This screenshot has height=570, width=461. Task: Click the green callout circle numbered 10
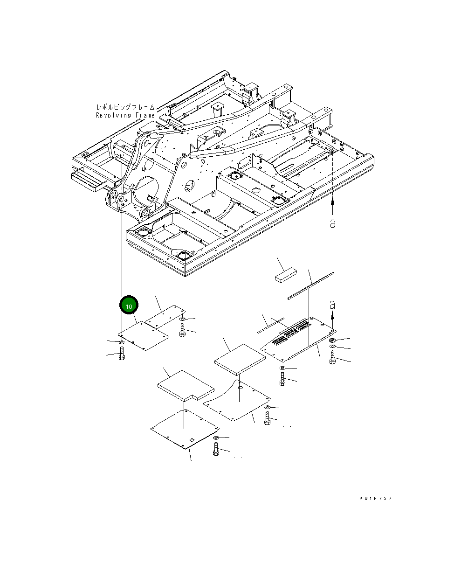[x=129, y=305]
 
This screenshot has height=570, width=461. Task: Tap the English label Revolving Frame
[x=125, y=115]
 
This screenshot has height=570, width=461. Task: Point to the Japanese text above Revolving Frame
[x=125, y=107]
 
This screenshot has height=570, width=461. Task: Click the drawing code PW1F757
[x=375, y=498]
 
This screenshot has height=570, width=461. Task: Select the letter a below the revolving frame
[x=332, y=223]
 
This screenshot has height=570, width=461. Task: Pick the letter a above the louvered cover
[x=332, y=305]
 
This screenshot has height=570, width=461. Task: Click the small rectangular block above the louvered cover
[x=286, y=275]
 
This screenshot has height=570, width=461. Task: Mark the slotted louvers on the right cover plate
[x=292, y=332]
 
